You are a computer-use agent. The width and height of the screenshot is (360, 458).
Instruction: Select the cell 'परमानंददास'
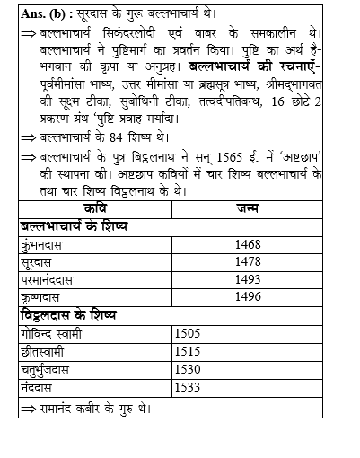point(49,280)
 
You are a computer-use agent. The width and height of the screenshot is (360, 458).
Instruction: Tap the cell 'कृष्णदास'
point(42,298)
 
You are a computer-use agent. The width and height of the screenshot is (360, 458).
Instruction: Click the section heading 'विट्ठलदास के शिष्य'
point(72,315)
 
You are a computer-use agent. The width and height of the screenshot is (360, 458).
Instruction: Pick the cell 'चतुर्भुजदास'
point(50,370)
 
